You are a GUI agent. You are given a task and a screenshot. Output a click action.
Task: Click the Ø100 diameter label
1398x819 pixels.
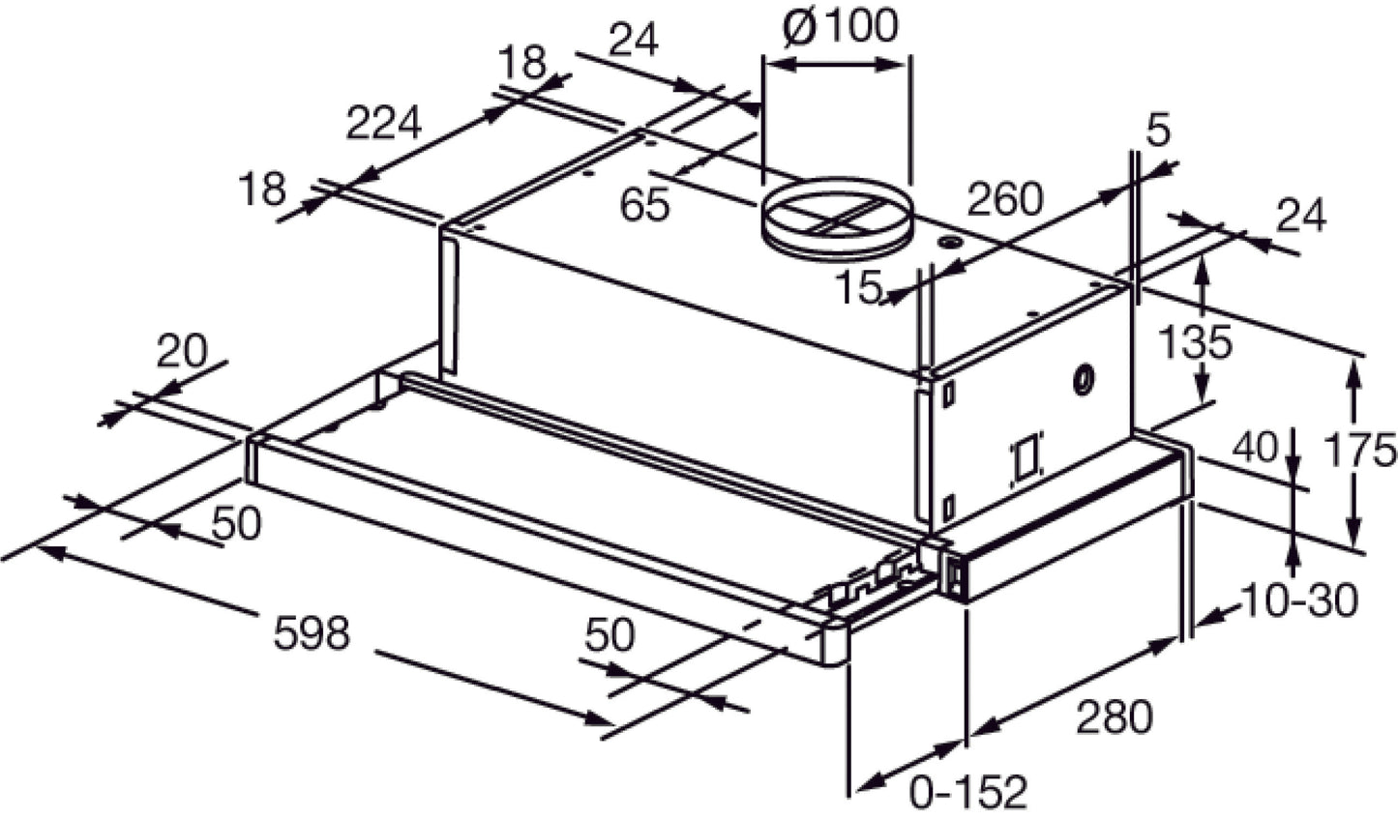click(x=839, y=27)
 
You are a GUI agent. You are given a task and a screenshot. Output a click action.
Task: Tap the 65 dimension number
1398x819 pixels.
click(x=644, y=205)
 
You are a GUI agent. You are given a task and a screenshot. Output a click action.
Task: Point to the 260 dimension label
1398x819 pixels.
click(x=1005, y=200)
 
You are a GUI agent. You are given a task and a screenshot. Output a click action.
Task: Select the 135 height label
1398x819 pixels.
click(x=1197, y=341)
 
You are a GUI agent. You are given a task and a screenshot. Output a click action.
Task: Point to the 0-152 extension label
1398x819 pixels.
click(x=967, y=793)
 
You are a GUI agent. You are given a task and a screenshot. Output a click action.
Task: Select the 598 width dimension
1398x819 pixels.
click(x=311, y=634)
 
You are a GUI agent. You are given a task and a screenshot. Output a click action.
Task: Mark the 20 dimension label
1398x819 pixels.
click(x=182, y=353)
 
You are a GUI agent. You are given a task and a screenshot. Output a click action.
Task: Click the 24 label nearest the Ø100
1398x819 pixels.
click(x=635, y=41)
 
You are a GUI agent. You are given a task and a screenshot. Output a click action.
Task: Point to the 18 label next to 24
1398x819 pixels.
click(x=523, y=64)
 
